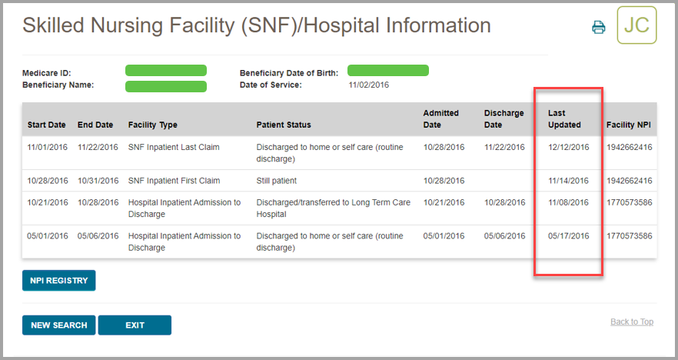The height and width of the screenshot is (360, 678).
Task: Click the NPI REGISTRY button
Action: tap(58, 281)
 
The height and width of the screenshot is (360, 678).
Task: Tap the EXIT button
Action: tap(135, 325)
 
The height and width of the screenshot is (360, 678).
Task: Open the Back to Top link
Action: tap(631, 322)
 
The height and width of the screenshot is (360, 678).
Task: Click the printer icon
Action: tap(599, 28)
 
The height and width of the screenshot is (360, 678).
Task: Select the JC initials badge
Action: tap(636, 25)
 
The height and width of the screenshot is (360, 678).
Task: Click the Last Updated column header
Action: tap(564, 119)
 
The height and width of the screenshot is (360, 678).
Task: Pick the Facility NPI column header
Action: tap(629, 125)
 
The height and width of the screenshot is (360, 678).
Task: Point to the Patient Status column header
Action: tap(284, 125)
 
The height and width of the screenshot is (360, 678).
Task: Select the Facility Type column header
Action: tap(153, 125)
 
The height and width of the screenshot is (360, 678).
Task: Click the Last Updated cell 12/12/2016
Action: tap(569, 147)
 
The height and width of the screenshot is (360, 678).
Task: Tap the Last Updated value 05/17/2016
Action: tap(569, 236)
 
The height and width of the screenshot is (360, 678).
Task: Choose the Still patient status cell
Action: tap(277, 181)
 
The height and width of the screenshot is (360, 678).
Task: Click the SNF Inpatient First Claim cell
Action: tap(174, 181)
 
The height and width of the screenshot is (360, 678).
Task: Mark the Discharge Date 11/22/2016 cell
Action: tap(504, 147)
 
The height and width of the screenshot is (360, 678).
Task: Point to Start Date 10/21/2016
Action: tap(48, 203)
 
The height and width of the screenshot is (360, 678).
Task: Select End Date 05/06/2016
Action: tap(98, 236)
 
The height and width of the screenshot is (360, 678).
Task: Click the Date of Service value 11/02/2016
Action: tap(369, 85)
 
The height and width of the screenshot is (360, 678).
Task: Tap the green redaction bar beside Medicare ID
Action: tap(166, 71)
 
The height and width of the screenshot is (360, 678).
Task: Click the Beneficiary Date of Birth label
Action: tap(289, 74)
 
